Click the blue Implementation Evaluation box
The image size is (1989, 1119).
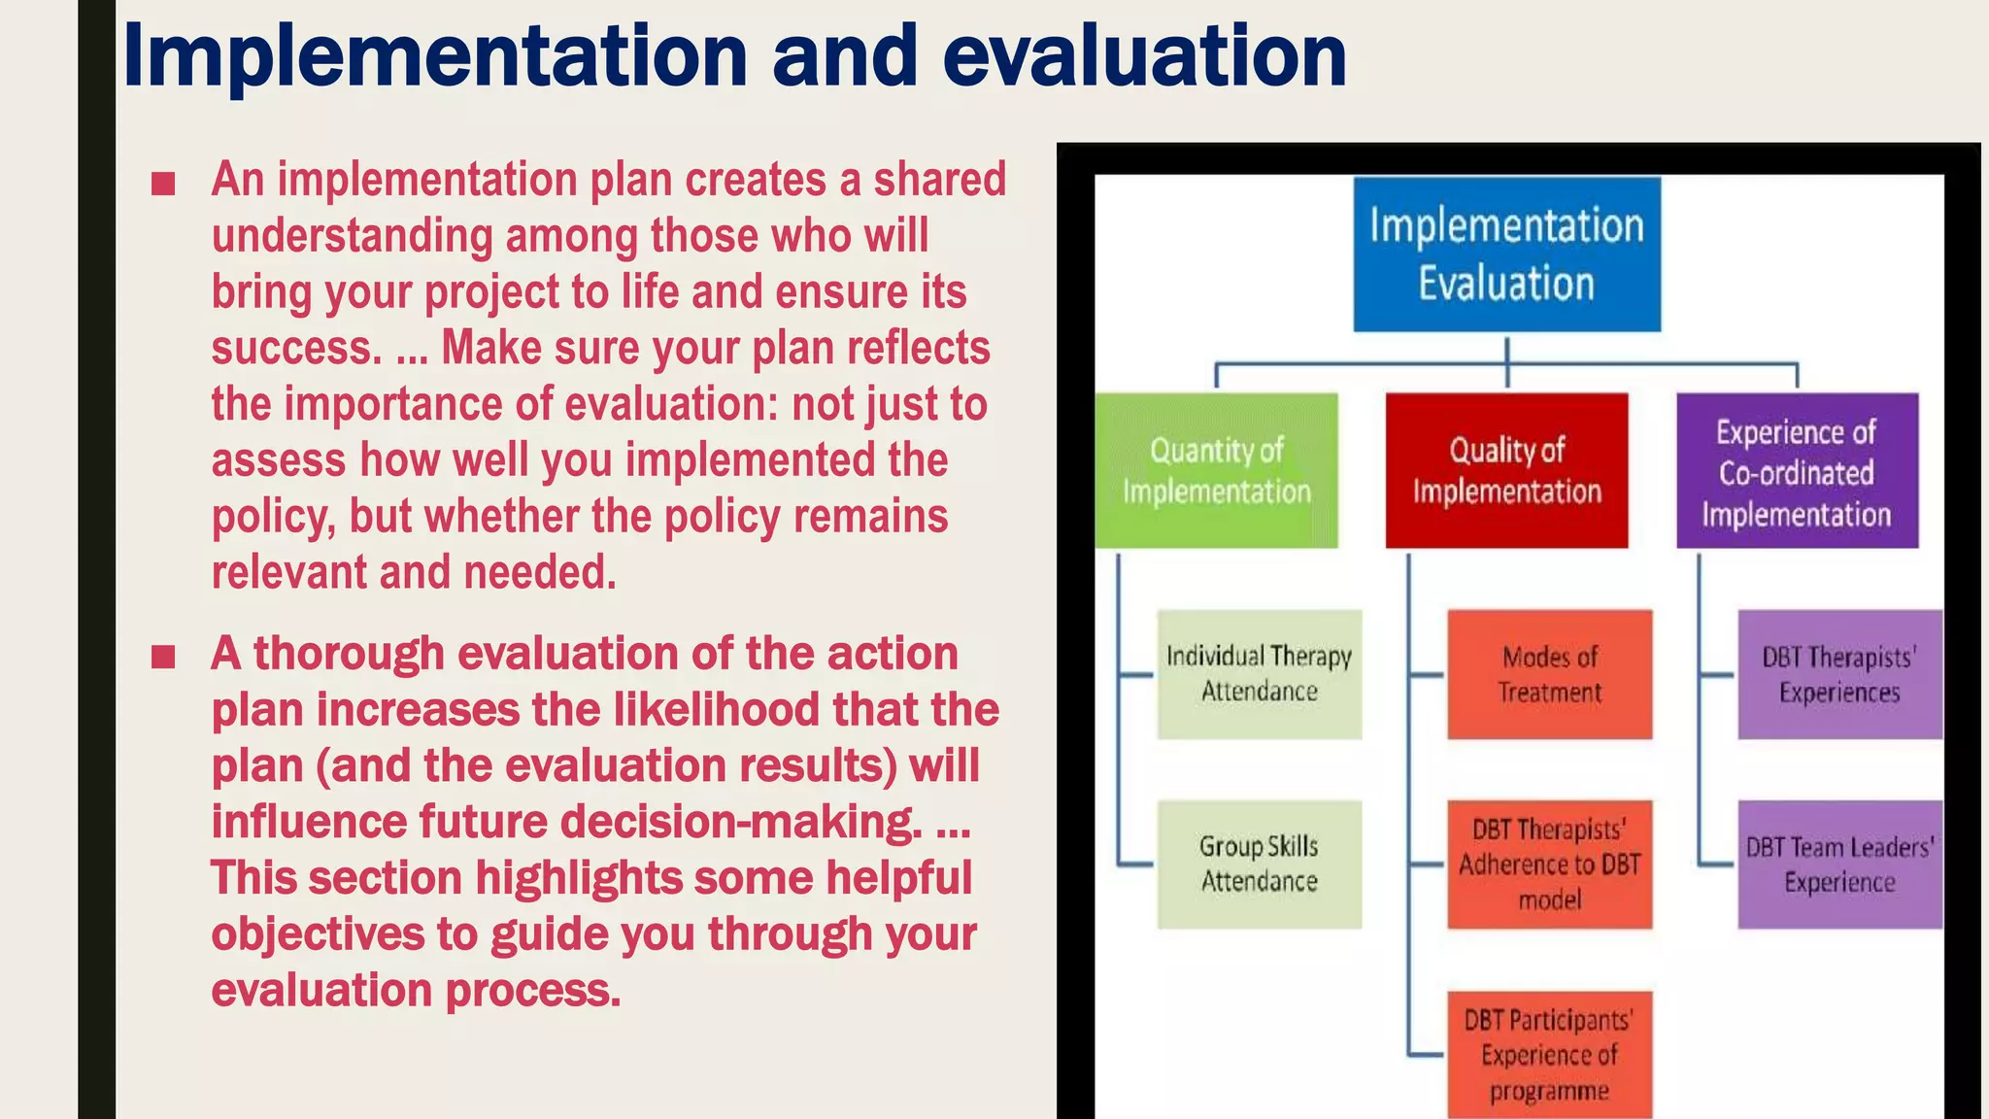1506,254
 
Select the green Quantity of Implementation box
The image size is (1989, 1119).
1216,470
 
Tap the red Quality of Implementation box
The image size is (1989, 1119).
1506,470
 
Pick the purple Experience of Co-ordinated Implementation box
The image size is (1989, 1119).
1797,470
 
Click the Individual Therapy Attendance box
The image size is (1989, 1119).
1259,674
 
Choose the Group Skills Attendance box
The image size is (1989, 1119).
1259,864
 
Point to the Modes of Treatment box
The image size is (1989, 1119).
1549,674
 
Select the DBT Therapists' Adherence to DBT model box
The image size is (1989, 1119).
1549,864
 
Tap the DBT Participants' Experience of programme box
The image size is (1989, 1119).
1549,1055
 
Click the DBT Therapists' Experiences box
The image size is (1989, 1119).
1839,674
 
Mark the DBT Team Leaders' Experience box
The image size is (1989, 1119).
1839,864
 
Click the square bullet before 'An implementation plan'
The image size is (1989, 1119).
163,183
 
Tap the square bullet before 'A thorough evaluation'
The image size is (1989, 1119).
163,657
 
